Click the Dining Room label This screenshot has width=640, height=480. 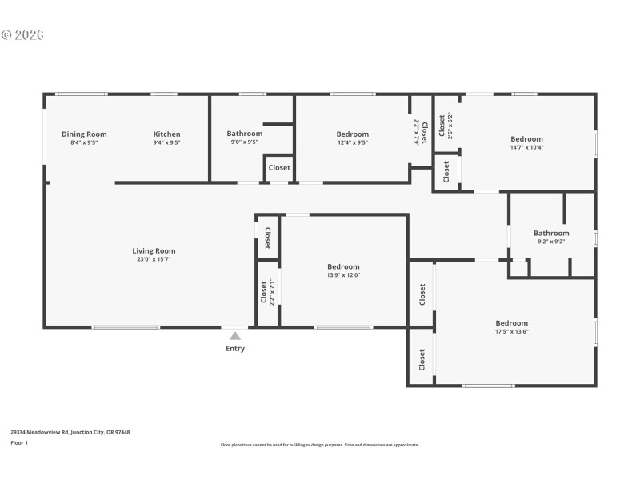pos(84,134)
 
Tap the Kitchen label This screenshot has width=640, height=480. pos(166,134)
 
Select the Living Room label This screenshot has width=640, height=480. pos(154,251)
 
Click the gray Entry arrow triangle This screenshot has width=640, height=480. pos(235,336)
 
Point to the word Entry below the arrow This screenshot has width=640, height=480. pos(235,349)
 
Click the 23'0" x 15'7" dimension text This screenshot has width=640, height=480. pos(154,259)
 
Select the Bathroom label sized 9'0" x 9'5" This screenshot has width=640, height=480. pos(244,134)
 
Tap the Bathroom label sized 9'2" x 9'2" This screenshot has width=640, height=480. pos(551,234)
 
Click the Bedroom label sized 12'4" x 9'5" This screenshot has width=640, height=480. pos(352,134)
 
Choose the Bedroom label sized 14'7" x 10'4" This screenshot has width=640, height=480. pos(526,139)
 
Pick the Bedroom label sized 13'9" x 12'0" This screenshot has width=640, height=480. pos(343,267)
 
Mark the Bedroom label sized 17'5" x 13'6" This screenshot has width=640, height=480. pos(511,323)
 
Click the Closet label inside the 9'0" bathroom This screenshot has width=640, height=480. pos(279,168)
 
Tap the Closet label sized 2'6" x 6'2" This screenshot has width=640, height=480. pos(442,126)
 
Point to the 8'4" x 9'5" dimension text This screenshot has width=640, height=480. pos(84,142)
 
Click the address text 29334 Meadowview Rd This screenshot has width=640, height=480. pos(70,432)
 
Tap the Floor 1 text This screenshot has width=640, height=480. pos(19,442)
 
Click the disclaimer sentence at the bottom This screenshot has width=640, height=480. pos(319,445)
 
